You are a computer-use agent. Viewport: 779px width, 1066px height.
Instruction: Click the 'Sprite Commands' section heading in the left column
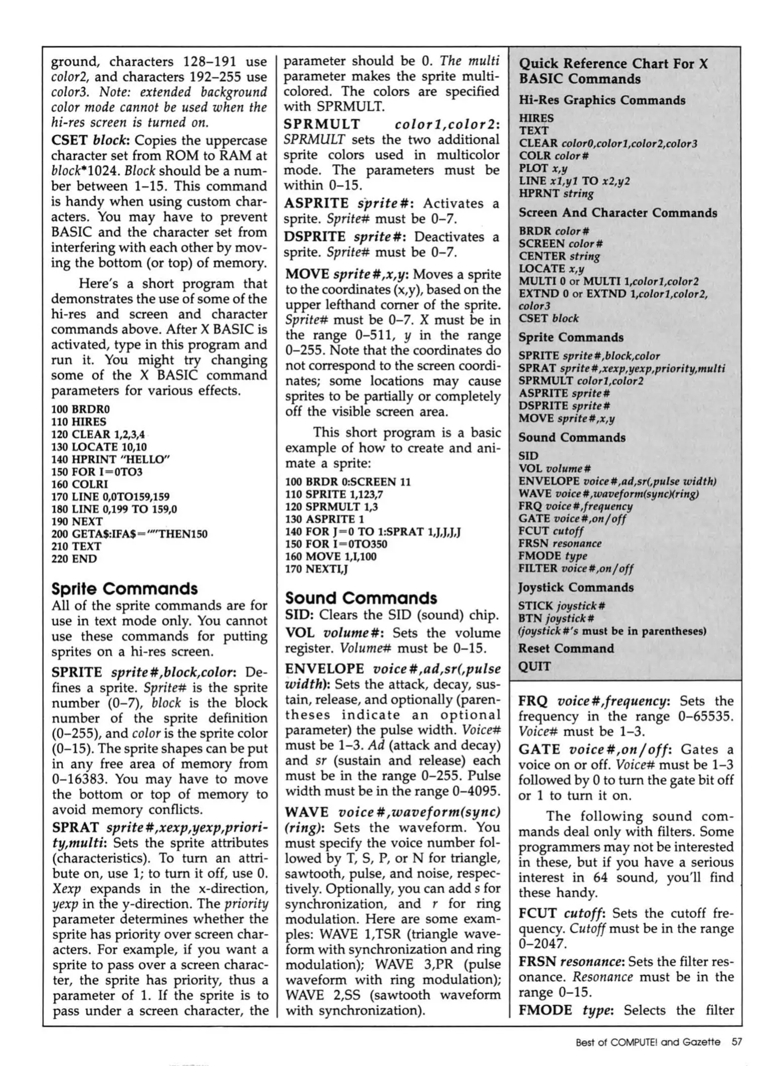point(124,589)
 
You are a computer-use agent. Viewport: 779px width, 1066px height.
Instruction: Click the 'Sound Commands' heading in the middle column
point(361,598)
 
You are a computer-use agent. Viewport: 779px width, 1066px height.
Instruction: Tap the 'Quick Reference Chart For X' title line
point(613,64)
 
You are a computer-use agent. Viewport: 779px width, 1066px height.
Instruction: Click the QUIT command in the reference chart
point(534,667)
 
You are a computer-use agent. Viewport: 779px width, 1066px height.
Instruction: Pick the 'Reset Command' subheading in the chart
point(566,648)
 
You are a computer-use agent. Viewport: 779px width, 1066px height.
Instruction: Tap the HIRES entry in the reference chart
point(536,118)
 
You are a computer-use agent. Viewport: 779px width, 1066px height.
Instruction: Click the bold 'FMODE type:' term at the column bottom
point(566,1010)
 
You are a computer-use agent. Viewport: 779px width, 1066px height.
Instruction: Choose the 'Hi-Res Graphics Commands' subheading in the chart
point(601,100)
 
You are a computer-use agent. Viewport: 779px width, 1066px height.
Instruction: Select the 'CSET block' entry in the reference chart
point(548,318)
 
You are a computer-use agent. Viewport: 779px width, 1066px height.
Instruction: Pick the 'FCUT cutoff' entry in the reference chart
point(551,531)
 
